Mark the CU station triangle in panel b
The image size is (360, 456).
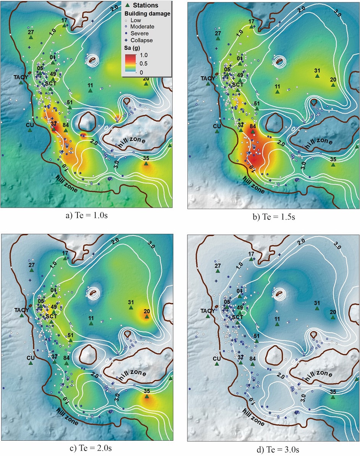click(x=217, y=131)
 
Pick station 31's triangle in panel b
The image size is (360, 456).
click(x=317, y=76)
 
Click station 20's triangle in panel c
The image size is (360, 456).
click(x=147, y=316)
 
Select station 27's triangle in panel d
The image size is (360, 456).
click(x=218, y=271)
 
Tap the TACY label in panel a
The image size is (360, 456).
click(x=21, y=77)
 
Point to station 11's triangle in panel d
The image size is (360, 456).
click(x=278, y=324)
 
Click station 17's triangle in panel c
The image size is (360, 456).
click(x=65, y=258)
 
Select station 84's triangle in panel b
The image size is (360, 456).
click(x=252, y=131)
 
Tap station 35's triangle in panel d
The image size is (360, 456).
click(x=333, y=397)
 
